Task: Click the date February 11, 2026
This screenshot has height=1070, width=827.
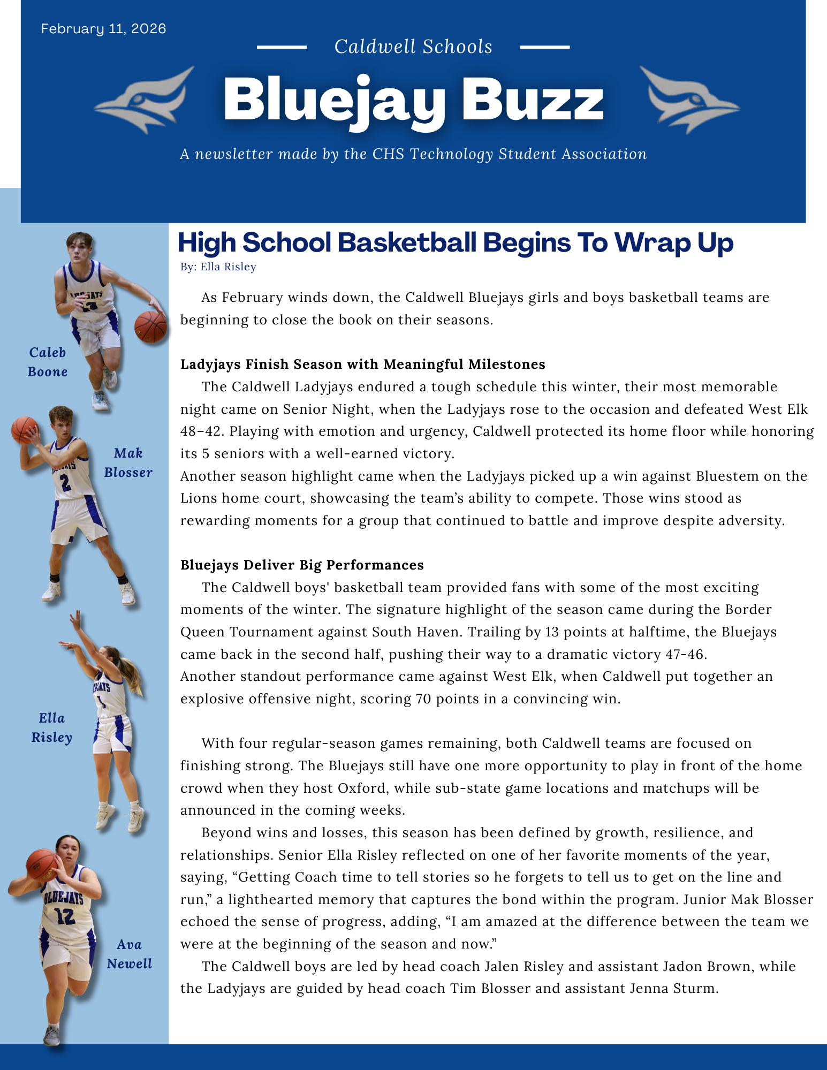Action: [x=103, y=28]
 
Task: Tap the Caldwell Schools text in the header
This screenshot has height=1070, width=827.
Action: [x=413, y=47]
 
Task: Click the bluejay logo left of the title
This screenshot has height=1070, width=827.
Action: [x=146, y=100]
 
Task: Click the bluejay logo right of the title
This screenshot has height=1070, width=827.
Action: [x=689, y=100]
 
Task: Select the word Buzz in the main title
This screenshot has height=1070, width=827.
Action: [x=533, y=101]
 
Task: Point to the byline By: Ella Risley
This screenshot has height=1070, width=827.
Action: [x=218, y=267]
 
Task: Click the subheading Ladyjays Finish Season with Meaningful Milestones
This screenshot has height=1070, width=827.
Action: [x=362, y=364]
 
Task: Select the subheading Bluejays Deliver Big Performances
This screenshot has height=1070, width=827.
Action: [x=302, y=565]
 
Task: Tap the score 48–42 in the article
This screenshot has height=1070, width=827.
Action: [x=200, y=431]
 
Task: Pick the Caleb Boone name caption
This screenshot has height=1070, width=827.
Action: [x=48, y=362]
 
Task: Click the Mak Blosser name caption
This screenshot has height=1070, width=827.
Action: [x=128, y=462]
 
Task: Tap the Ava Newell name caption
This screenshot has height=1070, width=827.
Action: [x=129, y=954]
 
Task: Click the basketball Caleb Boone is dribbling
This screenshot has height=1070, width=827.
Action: [x=150, y=327]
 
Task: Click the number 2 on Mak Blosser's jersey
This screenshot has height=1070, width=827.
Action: [x=65, y=483]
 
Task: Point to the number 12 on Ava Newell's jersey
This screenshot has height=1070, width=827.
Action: [x=65, y=916]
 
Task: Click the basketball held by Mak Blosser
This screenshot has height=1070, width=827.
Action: [x=24, y=429]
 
